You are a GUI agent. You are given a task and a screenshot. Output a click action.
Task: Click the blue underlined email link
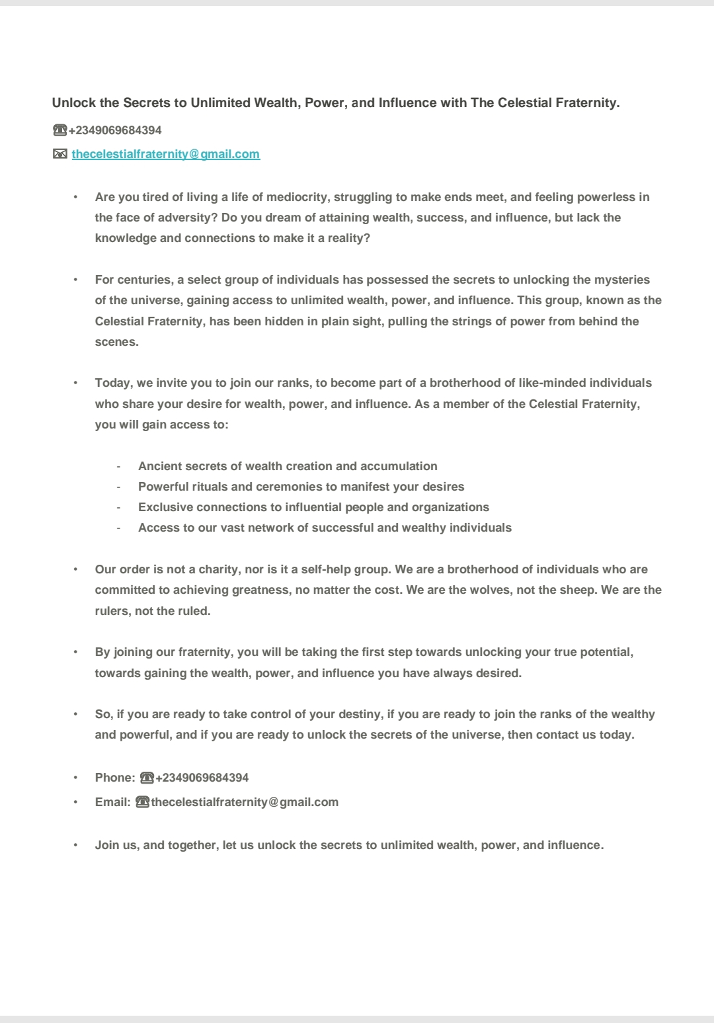click(x=165, y=154)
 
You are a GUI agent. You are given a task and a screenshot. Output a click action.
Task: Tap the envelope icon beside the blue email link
click(x=60, y=154)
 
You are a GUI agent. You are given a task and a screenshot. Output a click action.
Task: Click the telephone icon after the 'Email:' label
click(x=142, y=802)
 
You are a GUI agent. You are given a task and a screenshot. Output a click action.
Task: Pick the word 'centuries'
click(x=145, y=280)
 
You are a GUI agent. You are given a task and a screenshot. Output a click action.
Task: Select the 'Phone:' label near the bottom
click(x=115, y=778)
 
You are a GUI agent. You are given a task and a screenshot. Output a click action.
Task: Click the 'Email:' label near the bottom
click(x=112, y=802)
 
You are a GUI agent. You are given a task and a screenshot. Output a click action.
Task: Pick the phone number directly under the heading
click(x=115, y=130)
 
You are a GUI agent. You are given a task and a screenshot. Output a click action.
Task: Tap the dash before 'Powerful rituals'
click(x=118, y=487)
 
